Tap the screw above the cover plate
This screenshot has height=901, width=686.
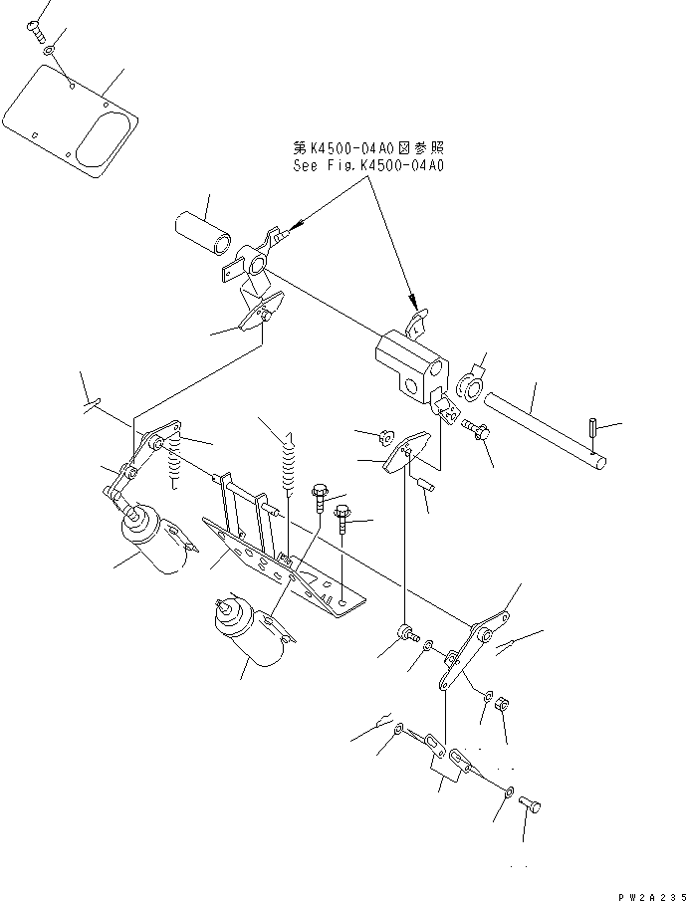(40, 31)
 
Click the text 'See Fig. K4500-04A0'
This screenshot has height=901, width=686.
(368, 165)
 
